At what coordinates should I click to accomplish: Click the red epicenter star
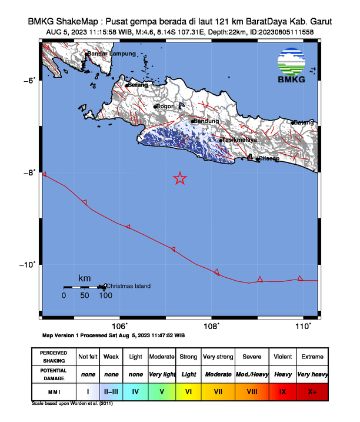[x=180, y=178]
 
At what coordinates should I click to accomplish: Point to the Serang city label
[x=138, y=85]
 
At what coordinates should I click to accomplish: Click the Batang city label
[x=304, y=122]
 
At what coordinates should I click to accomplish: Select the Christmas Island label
[x=128, y=286]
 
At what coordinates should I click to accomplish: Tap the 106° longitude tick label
[x=119, y=326]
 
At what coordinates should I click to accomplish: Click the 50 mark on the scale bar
[x=85, y=295]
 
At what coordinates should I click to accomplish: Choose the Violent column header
[x=282, y=357]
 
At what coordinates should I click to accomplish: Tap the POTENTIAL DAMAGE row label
[x=54, y=374]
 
